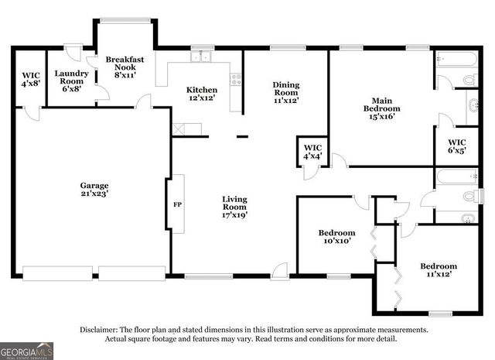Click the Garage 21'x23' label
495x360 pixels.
pos(94,190)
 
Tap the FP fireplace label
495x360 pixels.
pos(176,205)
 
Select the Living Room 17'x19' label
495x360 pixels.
pos(234,207)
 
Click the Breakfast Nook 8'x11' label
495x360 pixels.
pos(121,67)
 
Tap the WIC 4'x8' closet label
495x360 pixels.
pos(29,80)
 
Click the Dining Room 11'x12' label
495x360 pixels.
pos(285,92)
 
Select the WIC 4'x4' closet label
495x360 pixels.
pos(312,153)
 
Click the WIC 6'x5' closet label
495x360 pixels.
pos(456,146)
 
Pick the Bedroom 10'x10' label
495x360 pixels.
pos(336,237)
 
